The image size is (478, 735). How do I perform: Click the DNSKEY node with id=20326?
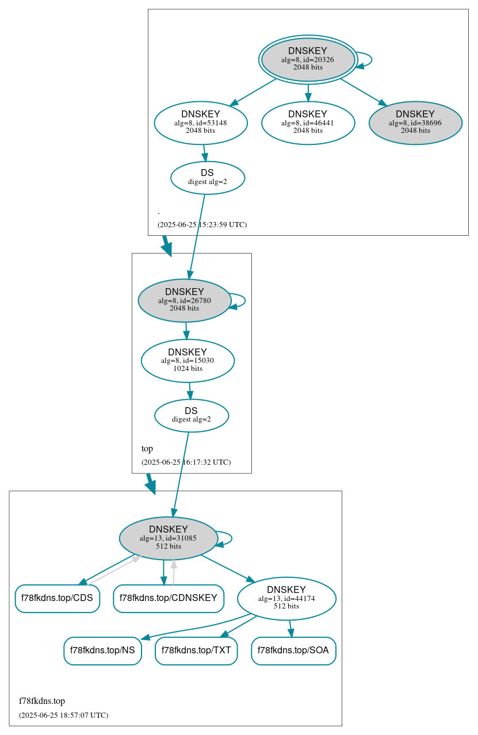308,59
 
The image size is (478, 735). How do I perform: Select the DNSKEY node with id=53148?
201,122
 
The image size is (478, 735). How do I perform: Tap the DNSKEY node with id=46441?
308,122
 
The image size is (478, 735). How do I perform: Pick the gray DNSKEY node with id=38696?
415,122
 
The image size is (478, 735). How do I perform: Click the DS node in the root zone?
208,178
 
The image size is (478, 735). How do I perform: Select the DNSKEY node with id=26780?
185,300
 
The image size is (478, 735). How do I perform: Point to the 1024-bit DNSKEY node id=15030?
188,361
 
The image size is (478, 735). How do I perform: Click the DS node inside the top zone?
192,415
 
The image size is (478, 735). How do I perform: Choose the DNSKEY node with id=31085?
169,538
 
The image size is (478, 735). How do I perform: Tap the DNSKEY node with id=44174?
286,598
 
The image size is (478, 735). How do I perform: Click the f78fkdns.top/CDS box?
57,598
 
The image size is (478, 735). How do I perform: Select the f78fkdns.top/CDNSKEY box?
169,598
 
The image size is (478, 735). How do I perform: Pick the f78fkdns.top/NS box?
102,650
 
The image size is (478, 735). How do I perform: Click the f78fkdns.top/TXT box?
196,650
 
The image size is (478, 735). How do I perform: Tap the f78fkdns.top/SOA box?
293,650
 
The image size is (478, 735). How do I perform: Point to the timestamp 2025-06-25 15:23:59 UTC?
202,224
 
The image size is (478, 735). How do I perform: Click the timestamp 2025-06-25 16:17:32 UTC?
186,462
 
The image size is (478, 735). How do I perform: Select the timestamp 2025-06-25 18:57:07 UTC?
63,715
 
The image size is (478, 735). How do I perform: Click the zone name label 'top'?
147,449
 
